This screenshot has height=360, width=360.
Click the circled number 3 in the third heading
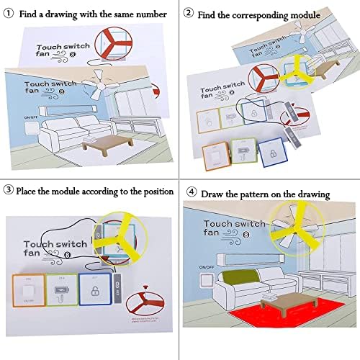pos(9,192)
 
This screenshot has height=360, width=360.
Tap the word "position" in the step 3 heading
pos(153,192)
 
